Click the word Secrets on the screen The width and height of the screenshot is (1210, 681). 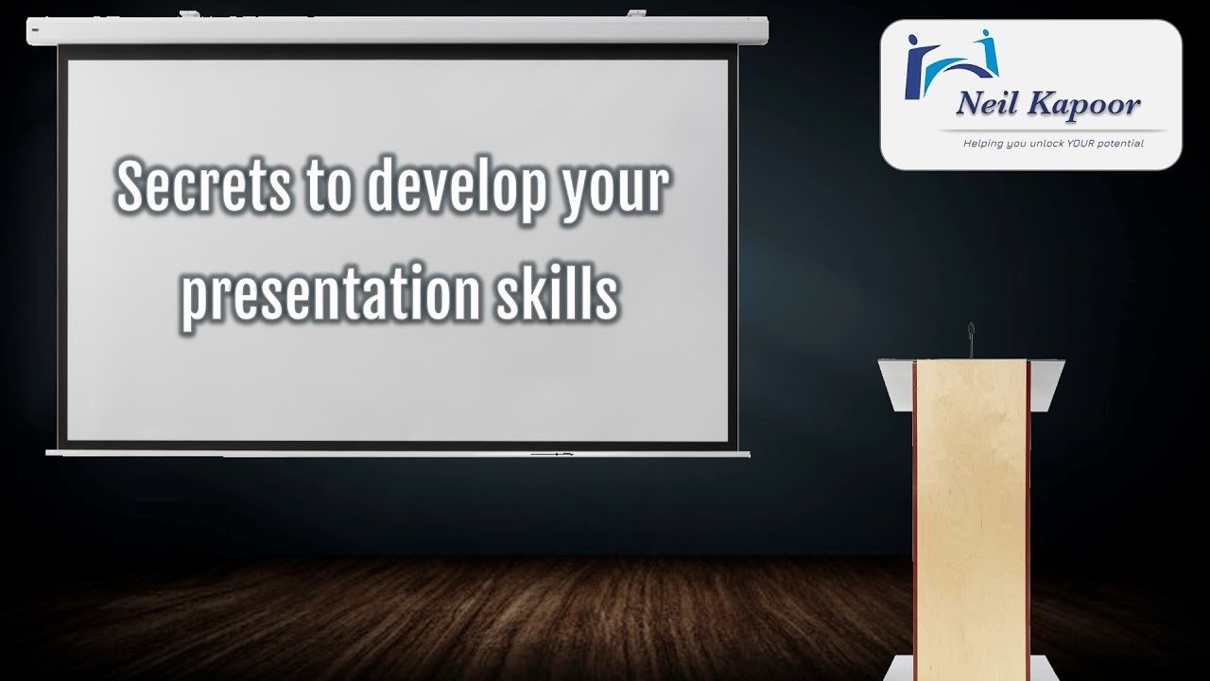[201, 187]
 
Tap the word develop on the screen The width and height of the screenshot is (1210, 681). [456, 187]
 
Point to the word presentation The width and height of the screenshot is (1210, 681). [331, 294]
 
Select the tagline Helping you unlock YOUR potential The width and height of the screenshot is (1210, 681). [1052, 144]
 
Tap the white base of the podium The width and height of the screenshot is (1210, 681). [971, 667]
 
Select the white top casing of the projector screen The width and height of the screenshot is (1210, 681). [397, 30]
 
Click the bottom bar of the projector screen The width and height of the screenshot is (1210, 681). [397, 454]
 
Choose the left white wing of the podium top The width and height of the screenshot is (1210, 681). [895, 383]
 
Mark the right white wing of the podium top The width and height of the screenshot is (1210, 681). [1046, 383]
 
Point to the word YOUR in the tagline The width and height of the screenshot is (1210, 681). [1080, 144]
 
